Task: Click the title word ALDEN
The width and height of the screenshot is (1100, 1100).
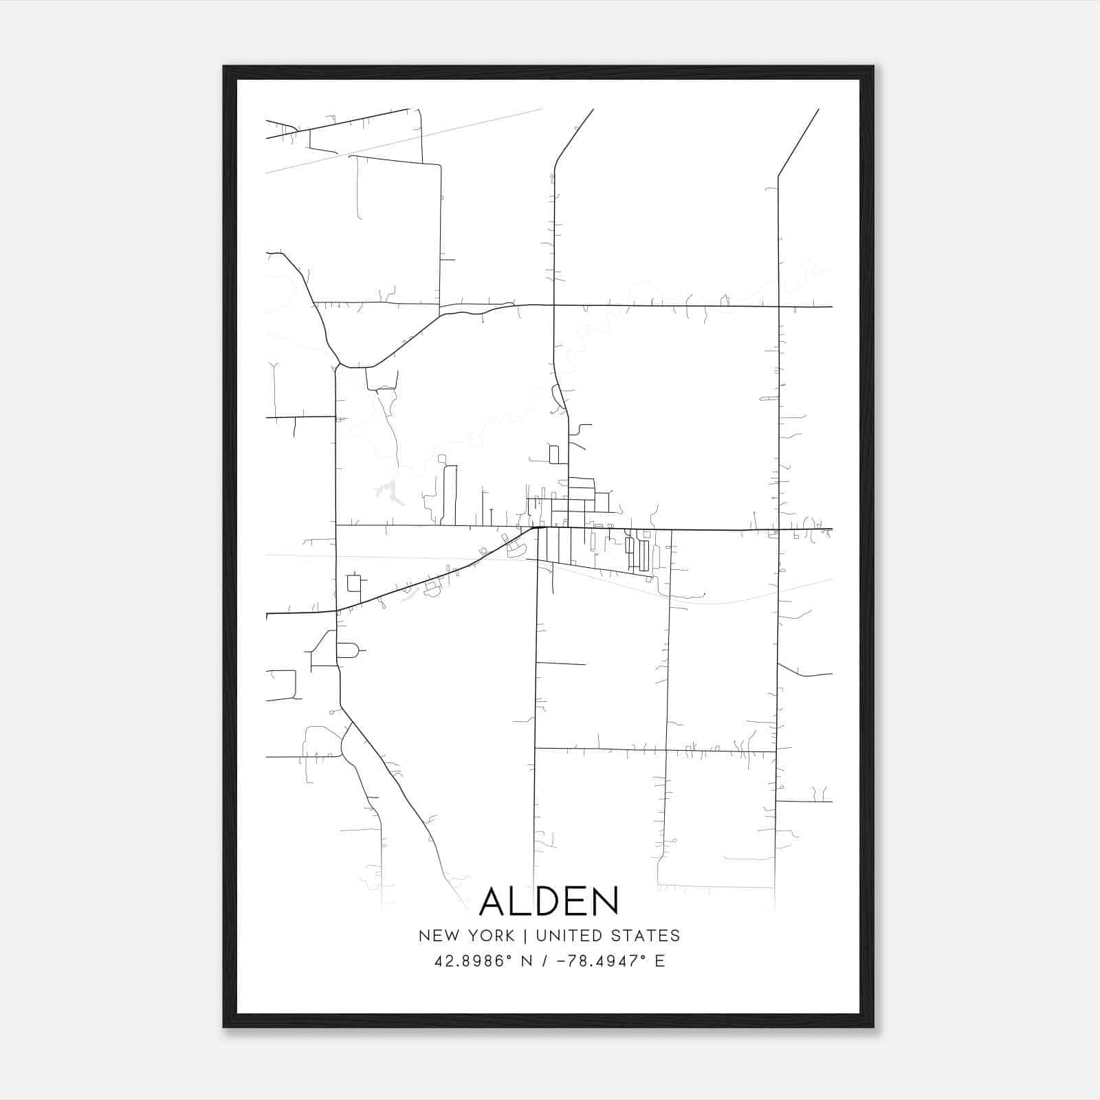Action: pyautogui.click(x=549, y=901)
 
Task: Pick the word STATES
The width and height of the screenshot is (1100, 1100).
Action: pyautogui.click(x=646, y=936)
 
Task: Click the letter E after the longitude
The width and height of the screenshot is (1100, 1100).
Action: pyautogui.click(x=660, y=961)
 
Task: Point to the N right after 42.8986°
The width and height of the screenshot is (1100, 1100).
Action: pyautogui.click(x=527, y=961)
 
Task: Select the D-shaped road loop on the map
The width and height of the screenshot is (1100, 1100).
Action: pyautogui.click(x=348, y=650)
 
